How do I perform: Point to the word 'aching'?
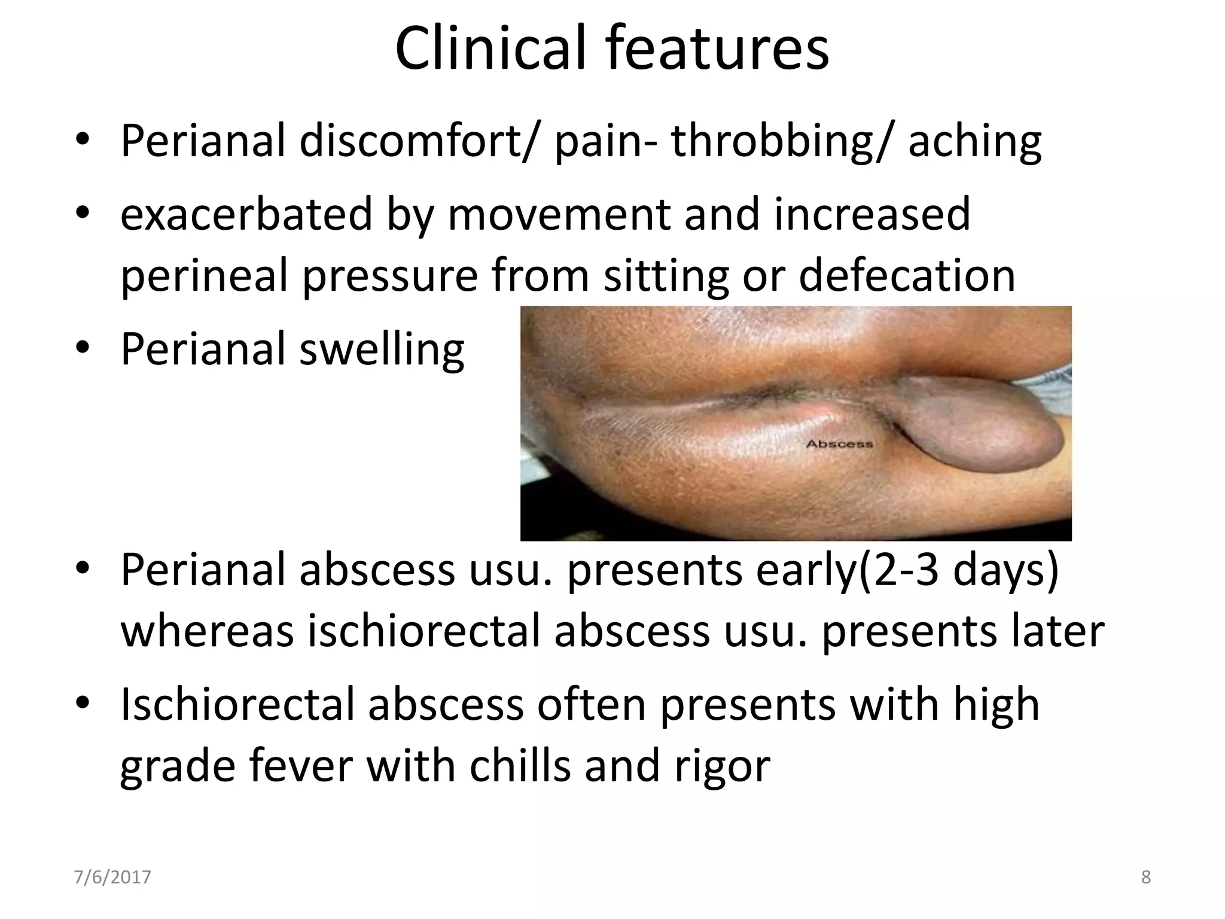[x=975, y=142]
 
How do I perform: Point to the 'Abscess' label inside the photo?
[x=839, y=444]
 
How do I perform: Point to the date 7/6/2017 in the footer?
[x=112, y=878]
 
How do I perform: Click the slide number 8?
[x=1146, y=878]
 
